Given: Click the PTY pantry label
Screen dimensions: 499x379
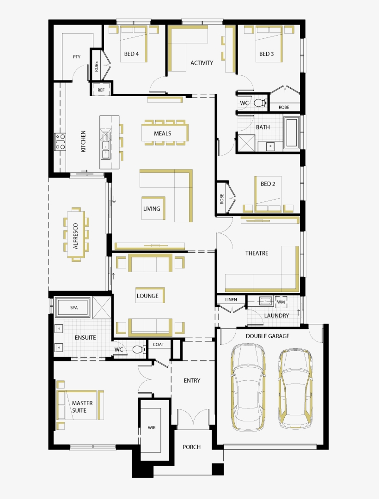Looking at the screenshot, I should click(77, 57).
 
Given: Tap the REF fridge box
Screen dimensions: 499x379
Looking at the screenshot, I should click(101, 90).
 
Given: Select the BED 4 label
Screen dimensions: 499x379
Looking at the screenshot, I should click(131, 54).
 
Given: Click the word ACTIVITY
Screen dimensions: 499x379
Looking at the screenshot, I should click(202, 63).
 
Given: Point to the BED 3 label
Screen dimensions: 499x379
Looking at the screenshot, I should click(266, 54).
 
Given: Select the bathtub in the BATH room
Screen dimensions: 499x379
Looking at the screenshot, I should click(291, 134).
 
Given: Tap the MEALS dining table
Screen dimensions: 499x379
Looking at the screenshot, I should click(163, 134).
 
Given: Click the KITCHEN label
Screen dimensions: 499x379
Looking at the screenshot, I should click(83, 141).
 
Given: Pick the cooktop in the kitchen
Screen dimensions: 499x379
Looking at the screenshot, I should click(60, 141).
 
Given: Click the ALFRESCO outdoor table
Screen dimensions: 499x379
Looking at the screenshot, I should click(76, 236).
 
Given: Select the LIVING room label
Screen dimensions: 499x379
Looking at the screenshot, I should click(151, 208).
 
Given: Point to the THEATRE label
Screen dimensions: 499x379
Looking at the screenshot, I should click(257, 253).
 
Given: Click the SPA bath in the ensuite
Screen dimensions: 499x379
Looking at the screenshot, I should click(73, 307).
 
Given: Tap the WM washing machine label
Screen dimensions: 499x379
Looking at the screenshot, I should click(281, 302).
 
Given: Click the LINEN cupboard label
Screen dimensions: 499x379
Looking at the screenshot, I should click(231, 300).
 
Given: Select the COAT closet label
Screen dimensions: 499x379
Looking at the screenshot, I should click(159, 344).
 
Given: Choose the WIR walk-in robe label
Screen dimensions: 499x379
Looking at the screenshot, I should click(152, 427).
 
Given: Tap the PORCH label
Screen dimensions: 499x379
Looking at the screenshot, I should click(191, 447).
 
